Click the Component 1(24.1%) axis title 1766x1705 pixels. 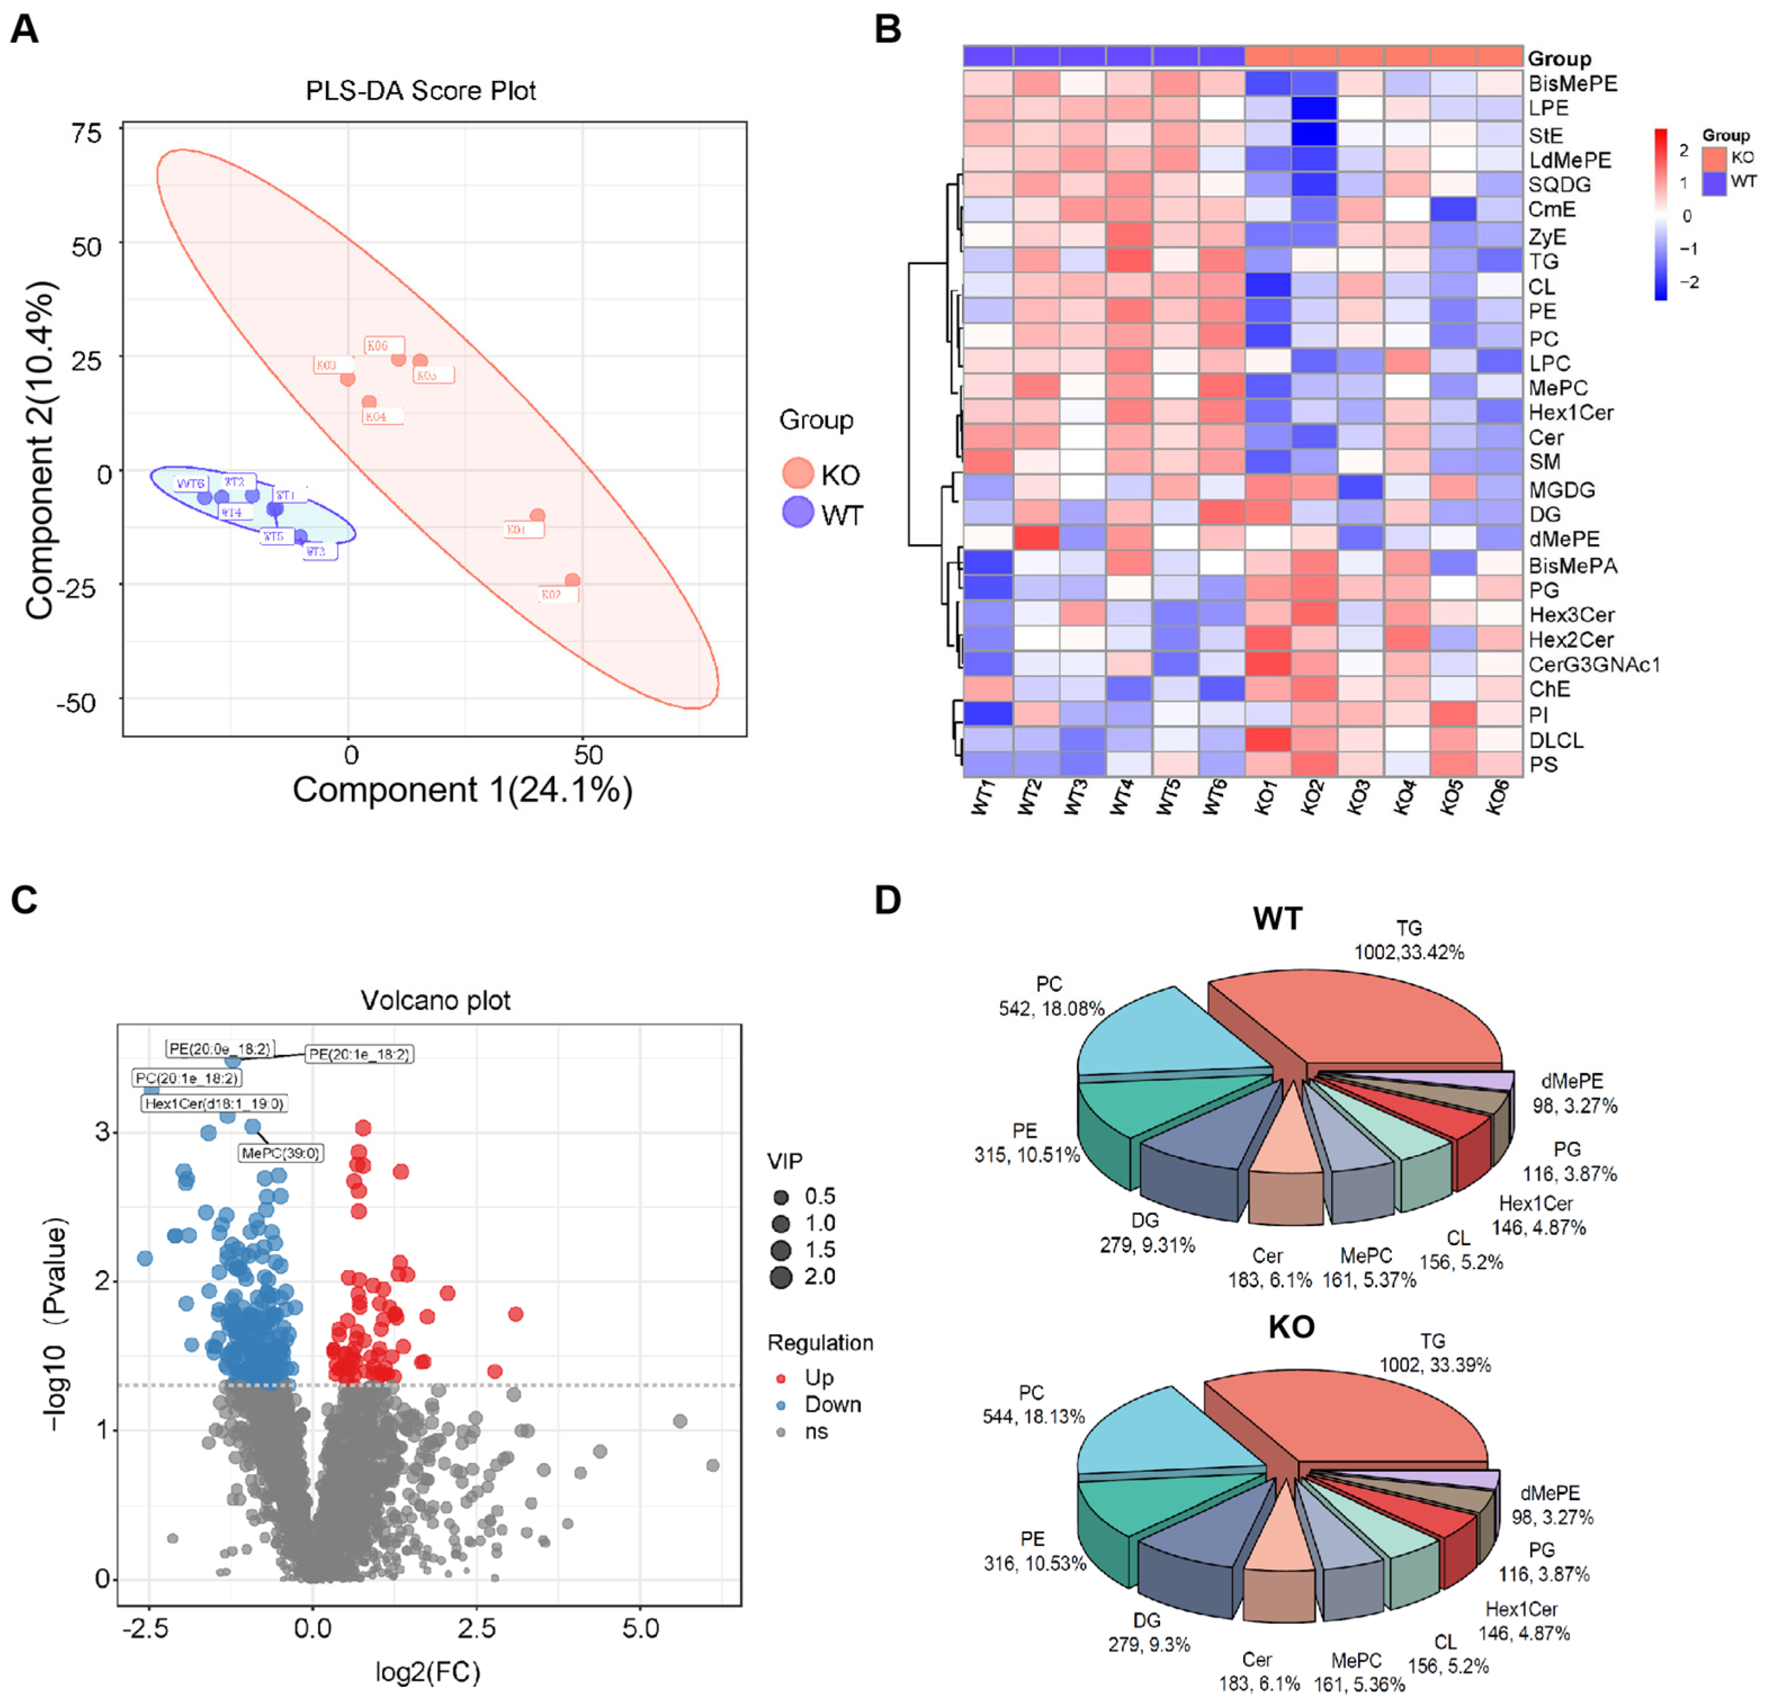[x=462, y=790]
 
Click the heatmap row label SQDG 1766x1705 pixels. [x=1560, y=185]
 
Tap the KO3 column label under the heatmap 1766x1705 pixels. [x=1358, y=797]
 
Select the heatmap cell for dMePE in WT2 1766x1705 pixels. [x=1037, y=539]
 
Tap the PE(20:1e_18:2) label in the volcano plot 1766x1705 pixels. [x=360, y=1053]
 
